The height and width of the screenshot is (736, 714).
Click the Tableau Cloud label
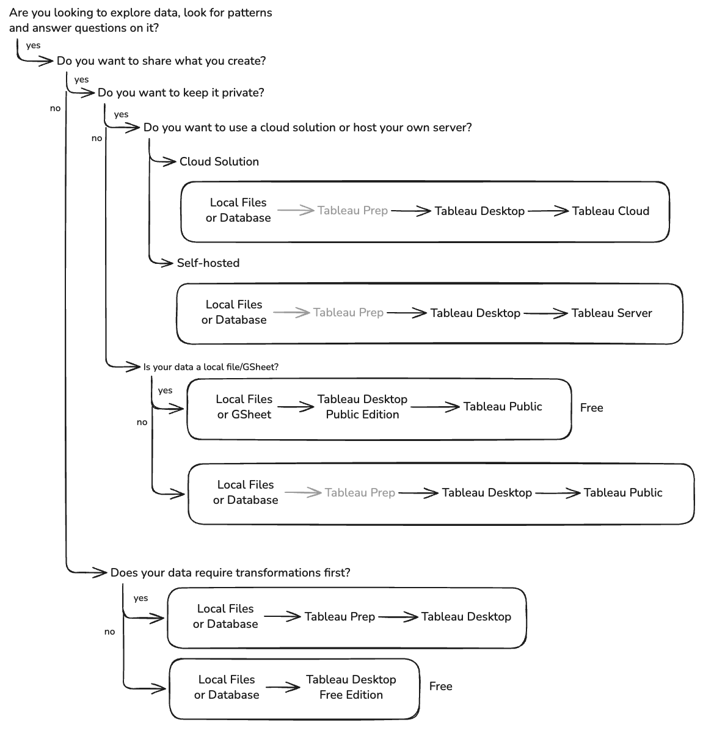click(610, 211)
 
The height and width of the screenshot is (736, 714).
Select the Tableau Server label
click(611, 313)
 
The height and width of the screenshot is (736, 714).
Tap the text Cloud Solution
click(219, 162)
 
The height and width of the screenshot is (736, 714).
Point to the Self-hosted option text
click(208, 263)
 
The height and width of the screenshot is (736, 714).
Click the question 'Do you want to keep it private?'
click(181, 93)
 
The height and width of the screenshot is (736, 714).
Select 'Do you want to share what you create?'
click(161, 61)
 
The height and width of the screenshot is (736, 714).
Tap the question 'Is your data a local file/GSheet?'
click(211, 367)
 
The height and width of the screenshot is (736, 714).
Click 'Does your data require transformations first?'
click(230, 573)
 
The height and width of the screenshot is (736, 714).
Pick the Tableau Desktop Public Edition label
click(362, 407)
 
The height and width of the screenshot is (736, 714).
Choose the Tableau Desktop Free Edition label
click(351, 687)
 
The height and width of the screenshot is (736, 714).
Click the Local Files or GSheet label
click(244, 407)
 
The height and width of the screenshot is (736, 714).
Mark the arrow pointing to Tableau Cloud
click(548, 211)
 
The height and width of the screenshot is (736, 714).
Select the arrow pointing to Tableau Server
click(545, 313)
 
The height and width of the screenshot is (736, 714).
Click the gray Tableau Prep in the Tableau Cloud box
click(352, 211)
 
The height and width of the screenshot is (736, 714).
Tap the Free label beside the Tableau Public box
click(591, 408)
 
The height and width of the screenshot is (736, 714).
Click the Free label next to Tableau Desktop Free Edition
click(440, 687)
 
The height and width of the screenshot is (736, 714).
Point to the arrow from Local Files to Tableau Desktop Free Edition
click(283, 688)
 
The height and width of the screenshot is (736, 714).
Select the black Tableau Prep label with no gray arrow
click(340, 617)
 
